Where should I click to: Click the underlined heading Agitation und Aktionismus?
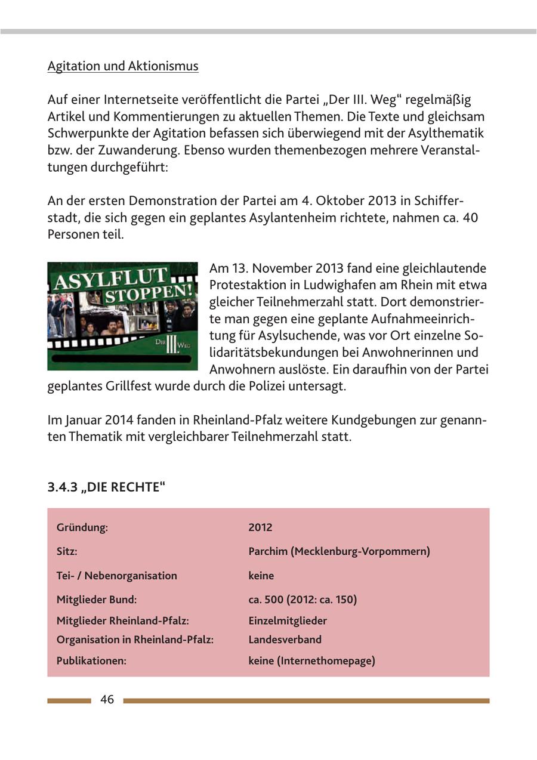(123, 66)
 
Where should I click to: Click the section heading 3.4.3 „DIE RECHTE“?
(106, 487)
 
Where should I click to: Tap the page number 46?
(107, 700)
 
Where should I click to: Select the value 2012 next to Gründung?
(260, 527)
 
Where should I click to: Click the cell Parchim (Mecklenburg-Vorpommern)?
(339, 551)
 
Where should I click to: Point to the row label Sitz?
(67, 551)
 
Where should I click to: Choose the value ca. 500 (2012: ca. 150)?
(303, 600)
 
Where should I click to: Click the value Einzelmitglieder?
(288, 620)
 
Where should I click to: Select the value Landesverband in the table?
(285, 639)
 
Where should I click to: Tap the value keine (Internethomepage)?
(311, 661)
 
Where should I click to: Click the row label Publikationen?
(91, 661)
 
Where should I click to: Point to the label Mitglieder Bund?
(97, 600)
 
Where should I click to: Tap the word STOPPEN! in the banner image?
(148, 295)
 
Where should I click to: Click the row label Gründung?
(82, 527)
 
